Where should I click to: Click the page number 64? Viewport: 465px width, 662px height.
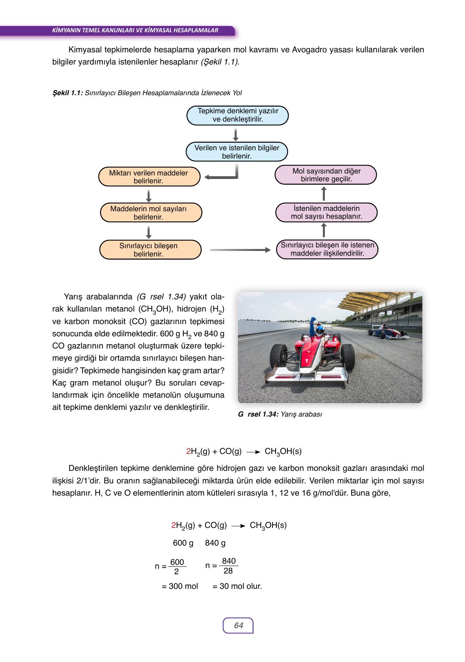click(238, 625)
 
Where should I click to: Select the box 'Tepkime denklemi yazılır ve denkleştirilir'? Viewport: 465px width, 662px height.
click(237, 115)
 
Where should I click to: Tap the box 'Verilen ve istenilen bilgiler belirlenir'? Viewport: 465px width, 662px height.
click(237, 152)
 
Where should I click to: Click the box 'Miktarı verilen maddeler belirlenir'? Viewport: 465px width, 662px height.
click(149, 177)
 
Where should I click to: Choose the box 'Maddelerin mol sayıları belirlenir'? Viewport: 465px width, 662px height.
click(149, 213)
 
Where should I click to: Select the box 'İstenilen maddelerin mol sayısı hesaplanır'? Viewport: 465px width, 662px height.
click(326, 212)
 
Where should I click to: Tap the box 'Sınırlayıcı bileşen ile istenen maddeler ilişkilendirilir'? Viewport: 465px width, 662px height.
click(327, 249)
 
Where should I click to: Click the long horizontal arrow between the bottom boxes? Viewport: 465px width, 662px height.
click(240, 250)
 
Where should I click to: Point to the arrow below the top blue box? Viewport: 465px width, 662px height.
click(236, 134)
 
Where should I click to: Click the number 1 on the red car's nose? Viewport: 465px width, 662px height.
click(306, 360)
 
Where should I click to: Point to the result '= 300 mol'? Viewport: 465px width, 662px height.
click(180, 586)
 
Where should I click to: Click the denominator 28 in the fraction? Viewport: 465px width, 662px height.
click(228, 571)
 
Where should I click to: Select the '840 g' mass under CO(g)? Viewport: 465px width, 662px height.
click(215, 543)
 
